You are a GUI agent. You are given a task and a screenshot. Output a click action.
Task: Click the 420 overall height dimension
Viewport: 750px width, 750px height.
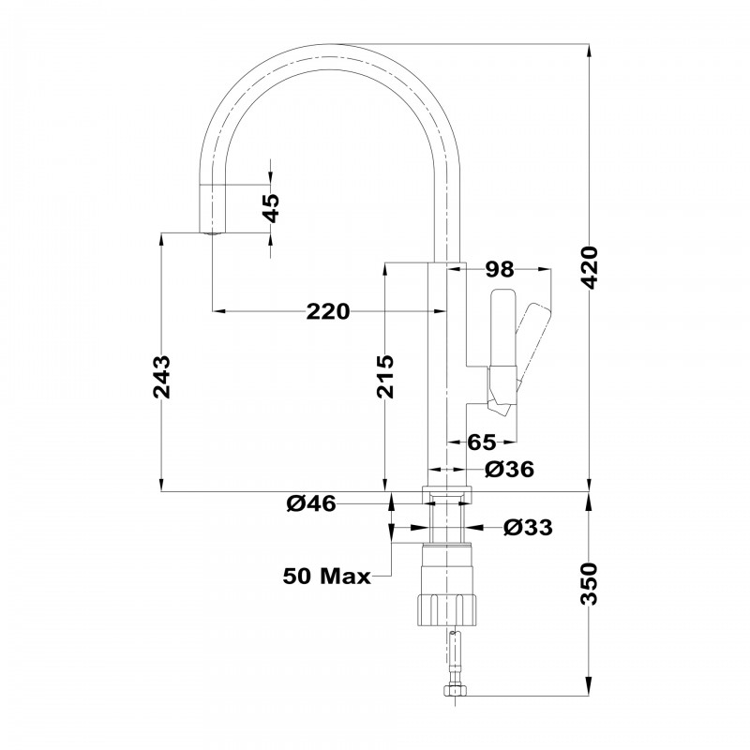(x=591, y=267)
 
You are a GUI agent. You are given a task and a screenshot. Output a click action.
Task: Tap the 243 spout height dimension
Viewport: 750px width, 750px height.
(x=161, y=377)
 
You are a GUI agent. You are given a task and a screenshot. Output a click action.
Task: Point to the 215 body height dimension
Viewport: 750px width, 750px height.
(x=384, y=377)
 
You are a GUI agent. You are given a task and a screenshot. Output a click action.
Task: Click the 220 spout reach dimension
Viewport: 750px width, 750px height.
(x=328, y=312)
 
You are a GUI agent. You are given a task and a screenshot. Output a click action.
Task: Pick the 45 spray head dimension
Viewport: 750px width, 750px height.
(x=271, y=208)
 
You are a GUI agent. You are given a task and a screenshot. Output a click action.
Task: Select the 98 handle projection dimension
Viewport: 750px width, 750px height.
(x=500, y=270)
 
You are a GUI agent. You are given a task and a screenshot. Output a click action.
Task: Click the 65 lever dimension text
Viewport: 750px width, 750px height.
(x=482, y=442)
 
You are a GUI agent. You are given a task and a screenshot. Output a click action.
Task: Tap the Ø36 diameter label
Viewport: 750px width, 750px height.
(x=509, y=470)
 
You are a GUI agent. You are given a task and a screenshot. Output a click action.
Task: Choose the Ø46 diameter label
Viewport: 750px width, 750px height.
(x=311, y=503)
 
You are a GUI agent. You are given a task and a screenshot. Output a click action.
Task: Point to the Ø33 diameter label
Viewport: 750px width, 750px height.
(x=528, y=528)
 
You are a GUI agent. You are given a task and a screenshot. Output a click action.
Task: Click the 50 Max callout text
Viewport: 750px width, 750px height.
(x=326, y=576)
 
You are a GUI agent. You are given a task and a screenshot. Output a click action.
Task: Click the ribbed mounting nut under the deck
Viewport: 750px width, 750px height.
(x=447, y=609)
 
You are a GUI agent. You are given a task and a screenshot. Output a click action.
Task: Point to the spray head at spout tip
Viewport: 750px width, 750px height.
(x=211, y=209)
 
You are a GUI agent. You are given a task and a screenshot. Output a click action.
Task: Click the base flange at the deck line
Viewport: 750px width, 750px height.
(x=447, y=495)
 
